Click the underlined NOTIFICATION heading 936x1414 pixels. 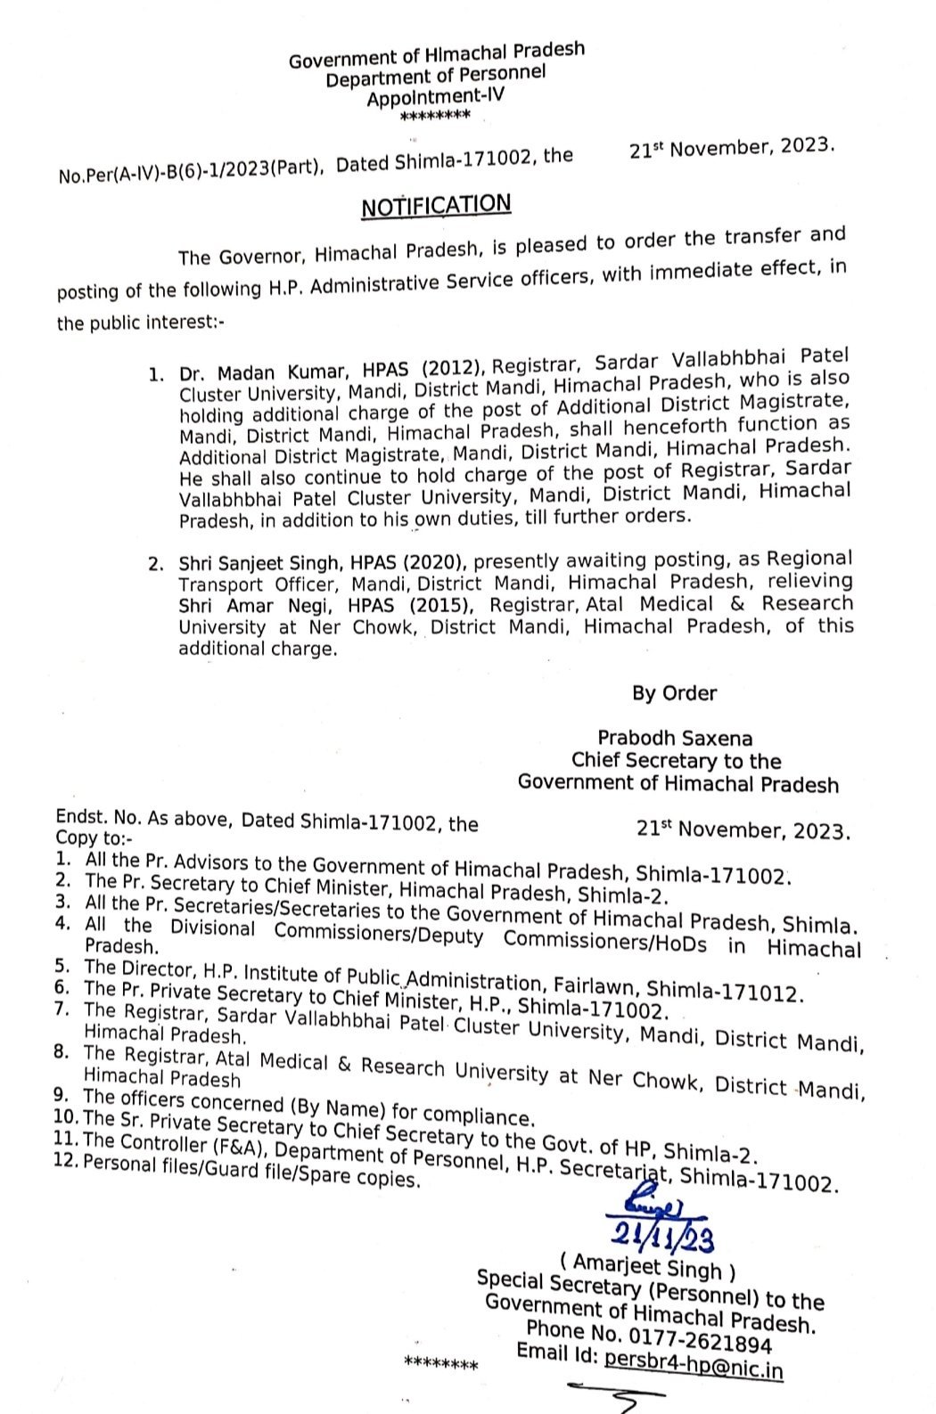[x=435, y=206]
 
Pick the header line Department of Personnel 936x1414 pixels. [x=435, y=78]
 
